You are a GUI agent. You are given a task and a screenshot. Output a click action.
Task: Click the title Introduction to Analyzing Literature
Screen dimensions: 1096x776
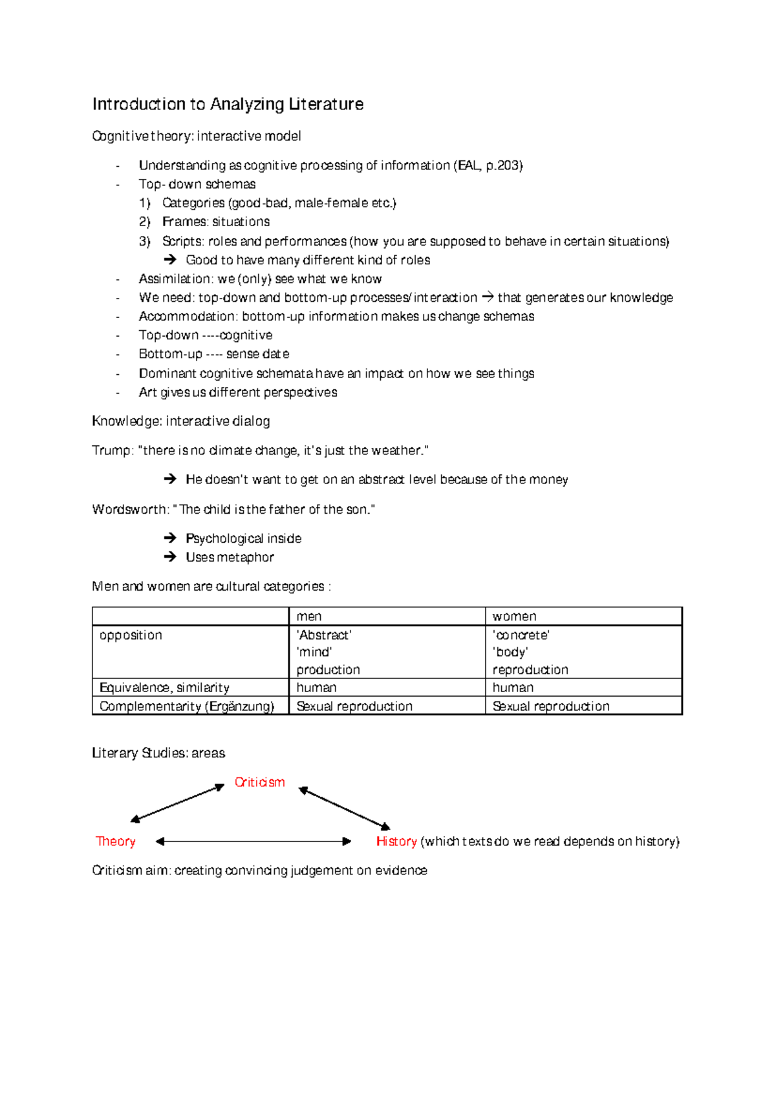[228, 104]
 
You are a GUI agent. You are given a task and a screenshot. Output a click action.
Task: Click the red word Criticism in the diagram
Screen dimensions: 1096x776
[259, 783]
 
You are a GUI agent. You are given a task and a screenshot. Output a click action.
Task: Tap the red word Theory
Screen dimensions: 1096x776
[116, 841]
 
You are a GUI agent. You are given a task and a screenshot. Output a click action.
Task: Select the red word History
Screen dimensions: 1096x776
[396, 841]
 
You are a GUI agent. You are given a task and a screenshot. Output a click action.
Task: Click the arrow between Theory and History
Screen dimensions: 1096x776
[253, 841]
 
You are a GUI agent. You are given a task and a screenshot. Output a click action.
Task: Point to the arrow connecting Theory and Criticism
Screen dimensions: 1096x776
[177, 803]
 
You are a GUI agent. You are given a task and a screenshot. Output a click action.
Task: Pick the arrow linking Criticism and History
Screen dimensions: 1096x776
[345, 808]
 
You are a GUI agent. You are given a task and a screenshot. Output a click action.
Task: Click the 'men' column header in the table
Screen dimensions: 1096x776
[309, 616]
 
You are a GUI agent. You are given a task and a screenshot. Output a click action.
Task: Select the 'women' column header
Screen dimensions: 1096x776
[514, 616]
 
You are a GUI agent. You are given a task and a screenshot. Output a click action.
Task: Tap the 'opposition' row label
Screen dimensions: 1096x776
[131, 635]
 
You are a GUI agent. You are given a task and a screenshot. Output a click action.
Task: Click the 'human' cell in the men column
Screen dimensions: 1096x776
[316, 688]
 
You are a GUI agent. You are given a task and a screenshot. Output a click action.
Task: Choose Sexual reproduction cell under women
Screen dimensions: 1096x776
[551, 706]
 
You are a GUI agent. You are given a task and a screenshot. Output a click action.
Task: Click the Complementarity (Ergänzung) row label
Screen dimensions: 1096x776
[187, 706]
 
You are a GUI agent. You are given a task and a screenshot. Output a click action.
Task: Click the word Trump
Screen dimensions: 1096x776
[111, 450]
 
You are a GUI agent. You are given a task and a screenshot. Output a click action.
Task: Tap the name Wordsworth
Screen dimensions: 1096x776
[129, 509]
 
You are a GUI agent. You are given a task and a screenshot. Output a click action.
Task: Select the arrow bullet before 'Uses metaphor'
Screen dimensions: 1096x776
[170, 557]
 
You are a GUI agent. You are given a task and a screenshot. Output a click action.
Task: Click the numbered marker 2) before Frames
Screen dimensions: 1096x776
[144, 222]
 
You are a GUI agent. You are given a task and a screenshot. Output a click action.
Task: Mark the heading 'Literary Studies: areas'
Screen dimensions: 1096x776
[158, 753]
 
